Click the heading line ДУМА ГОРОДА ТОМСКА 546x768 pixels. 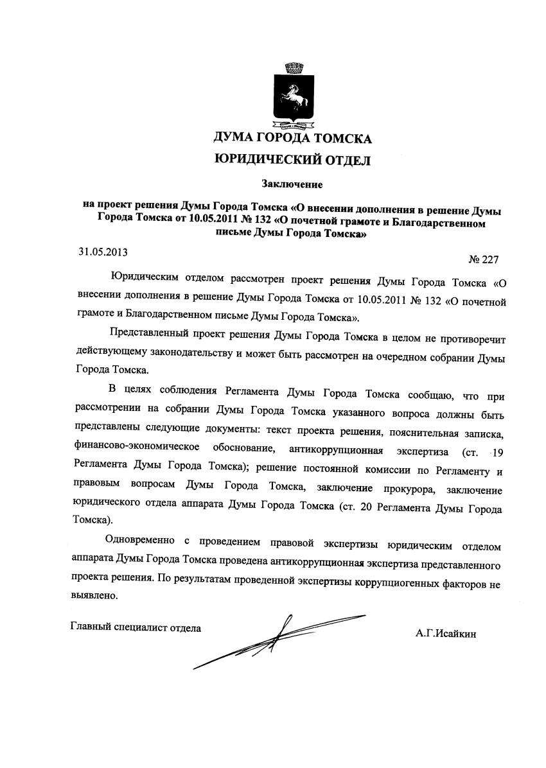(292, 137)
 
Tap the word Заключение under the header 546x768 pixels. (292, 184)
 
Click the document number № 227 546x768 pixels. (484, 260)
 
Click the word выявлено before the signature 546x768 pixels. (94, 595)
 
